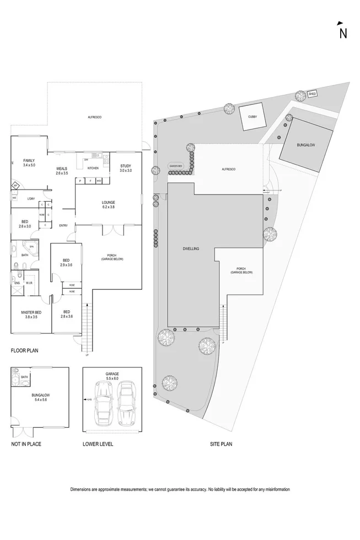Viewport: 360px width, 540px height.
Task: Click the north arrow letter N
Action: click(343, 33)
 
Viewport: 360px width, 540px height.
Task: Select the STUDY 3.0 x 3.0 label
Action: click(125, 168)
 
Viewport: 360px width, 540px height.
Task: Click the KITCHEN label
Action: click(93, 168)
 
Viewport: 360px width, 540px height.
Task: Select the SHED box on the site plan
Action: click(312, 93)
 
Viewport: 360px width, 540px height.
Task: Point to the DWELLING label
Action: click(191, 249)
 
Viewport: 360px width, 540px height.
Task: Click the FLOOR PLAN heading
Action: click(24, 350)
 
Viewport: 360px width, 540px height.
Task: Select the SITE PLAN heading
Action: click(221, 444)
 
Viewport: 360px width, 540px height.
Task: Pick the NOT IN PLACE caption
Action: click(26, 444)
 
